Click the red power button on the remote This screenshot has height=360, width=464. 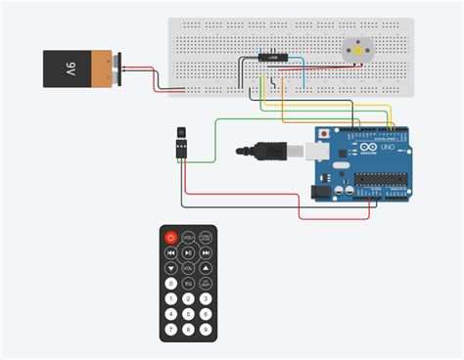tap(171, 237)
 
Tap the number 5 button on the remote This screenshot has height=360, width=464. tap(188, 299)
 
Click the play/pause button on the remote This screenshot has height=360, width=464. tap(188, 252)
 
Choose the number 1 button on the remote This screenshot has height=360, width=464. tap(171, 299)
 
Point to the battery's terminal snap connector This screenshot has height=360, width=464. tap(117, 67)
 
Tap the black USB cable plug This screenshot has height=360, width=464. tap(259, 151)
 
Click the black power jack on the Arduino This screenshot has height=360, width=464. tap(321, 193)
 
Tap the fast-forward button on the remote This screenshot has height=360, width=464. tap(206, 252)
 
